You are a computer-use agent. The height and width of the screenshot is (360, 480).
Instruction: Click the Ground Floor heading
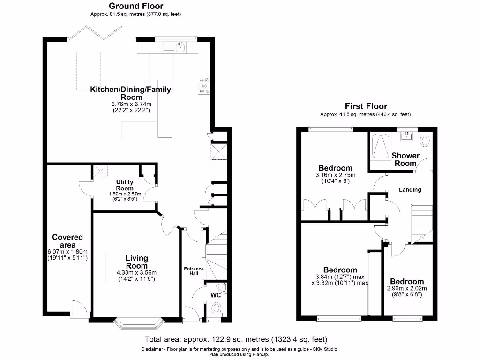pos(136,6)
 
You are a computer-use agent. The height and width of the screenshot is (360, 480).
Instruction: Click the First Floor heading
pos(366,106)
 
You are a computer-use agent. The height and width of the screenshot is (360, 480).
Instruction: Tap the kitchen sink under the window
pos(180,46)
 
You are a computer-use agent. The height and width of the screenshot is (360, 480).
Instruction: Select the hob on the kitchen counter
pos(205,86)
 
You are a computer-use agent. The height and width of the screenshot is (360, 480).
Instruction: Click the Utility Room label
pos(125,185)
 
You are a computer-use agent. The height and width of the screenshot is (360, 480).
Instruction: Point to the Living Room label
pos(136,262)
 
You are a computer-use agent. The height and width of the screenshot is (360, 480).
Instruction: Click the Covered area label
pos(67,241)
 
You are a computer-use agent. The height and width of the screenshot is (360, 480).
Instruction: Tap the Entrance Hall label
pos(194,271)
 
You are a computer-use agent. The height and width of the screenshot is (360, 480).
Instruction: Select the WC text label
pos(216,295)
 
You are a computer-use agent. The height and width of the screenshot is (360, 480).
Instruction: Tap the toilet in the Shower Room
pos(426,139)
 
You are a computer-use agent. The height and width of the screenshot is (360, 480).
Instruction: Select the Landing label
pos(410,190)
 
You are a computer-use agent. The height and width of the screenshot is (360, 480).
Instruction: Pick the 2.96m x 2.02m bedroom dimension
pos(407,288)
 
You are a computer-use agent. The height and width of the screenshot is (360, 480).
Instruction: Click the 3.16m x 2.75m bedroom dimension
pos(335,175)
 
